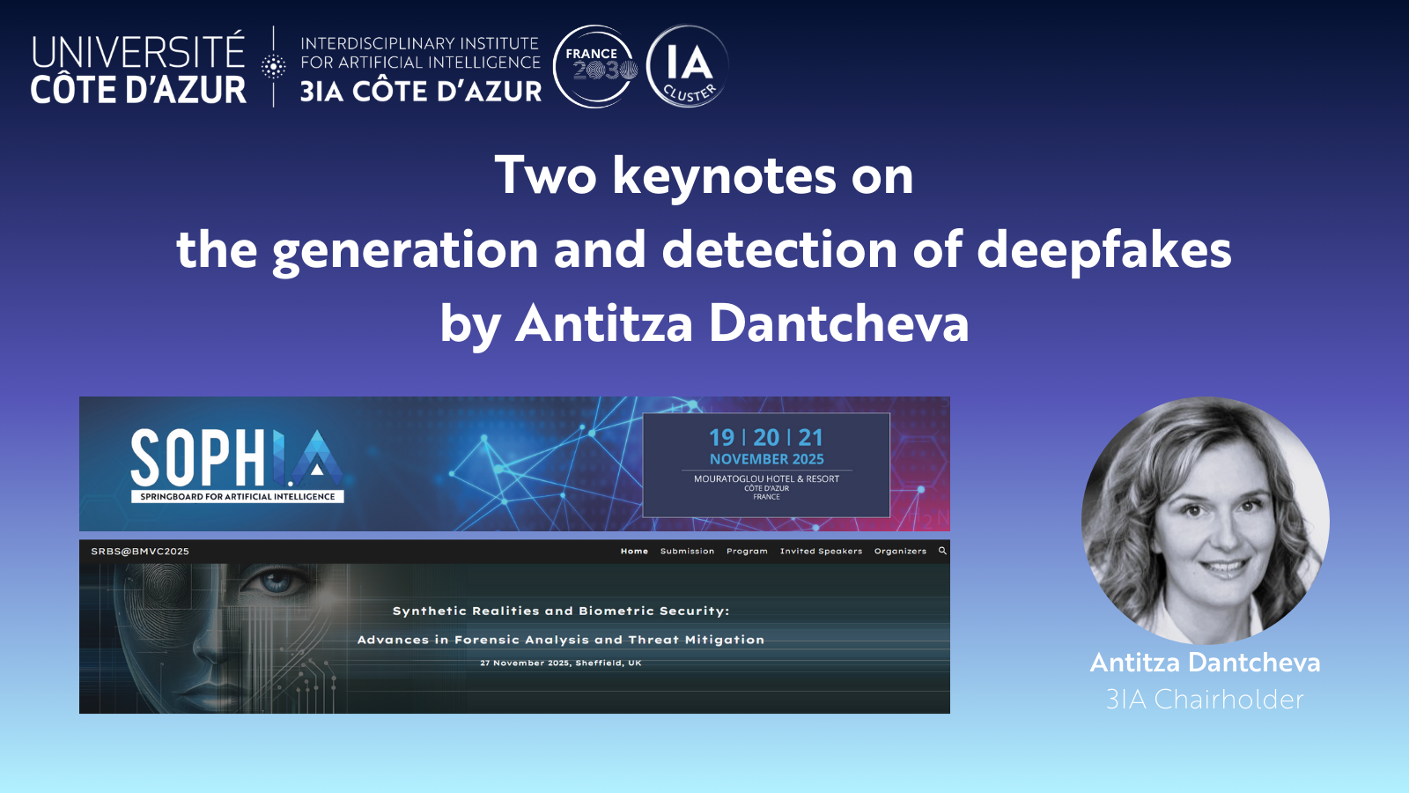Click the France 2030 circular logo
[x=595, y=66]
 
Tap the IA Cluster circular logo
[x=687, y=66]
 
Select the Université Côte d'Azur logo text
[x=138, y=69]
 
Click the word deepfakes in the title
[x=1104, y=250]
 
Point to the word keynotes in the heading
[x=724, y=176]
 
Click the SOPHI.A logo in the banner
[x=237, y=465]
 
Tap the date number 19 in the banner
[x=721, y=437]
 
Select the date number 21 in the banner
[x=811, y=437]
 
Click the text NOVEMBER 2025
[x=767, y=459]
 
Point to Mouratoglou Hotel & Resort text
[x=766, y=479]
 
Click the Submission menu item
[x=687, y=552]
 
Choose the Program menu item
[x=747, y=552]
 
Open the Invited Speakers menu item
[x=821, y=552]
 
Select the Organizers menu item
[x=900, y=552]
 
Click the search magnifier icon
[x=942, y=551]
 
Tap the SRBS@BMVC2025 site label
[x=140, y=552]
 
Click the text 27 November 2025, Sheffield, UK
[x=560, y=663]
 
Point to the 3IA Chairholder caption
[x=1205, y=700]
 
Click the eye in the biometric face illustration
[x=275, y=582]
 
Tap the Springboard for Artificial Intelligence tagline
[x=237, y=497]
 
